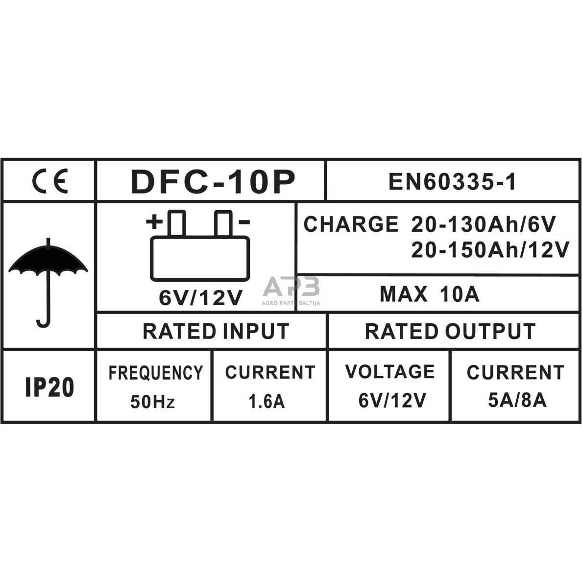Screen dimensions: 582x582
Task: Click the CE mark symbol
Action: click(50, 181)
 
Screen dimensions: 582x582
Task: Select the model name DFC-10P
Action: click(213, 182)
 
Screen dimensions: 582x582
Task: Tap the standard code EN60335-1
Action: click(452, 182)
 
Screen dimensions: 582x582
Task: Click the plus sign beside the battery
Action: click(154, 222)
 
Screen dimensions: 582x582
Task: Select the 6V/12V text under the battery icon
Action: click(200, 297)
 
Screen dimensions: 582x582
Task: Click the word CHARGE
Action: click(351, 224)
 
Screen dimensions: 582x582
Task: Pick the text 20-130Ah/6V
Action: click(483, 224)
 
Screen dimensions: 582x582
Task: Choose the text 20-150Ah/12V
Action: click(490, 249)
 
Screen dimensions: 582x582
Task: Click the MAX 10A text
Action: click(430, 294)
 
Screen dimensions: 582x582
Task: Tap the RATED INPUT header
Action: click(216, 331)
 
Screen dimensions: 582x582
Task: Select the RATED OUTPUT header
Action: click(450, 331)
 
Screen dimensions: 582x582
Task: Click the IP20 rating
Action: click(50, 387)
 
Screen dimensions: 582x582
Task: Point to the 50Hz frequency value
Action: click(152, 402)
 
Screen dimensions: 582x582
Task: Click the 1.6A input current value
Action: click(267, 401)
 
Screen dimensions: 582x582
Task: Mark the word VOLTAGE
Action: click(390, 371)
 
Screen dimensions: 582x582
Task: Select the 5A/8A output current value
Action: click(517, 400)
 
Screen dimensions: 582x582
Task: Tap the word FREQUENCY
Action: click(156, 373)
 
